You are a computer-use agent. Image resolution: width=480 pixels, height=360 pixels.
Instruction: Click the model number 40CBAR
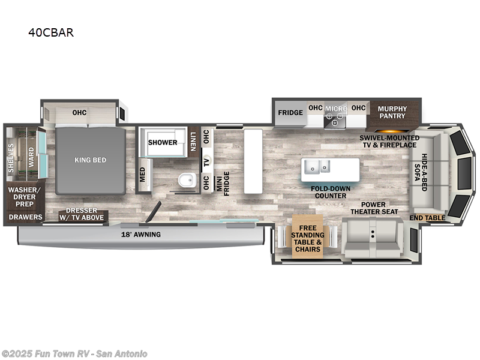[50, 33]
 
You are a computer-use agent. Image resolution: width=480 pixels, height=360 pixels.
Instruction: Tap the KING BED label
[91, 160]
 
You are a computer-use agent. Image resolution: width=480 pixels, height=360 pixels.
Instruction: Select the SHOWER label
[163, 142]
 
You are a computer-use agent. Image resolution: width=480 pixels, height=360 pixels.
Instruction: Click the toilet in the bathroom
[187, 179]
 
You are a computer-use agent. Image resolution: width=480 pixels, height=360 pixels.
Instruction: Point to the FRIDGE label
[289, 112]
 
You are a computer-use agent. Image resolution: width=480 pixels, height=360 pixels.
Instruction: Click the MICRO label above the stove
[336, 109]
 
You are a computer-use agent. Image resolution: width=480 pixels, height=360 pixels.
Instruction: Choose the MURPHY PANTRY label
[392, 113]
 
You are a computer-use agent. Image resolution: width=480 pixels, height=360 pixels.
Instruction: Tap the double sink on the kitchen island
[316, 166]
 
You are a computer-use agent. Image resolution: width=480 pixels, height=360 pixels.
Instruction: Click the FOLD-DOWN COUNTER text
[329, 192]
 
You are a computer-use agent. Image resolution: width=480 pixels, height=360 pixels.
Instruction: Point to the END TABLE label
[428, 218]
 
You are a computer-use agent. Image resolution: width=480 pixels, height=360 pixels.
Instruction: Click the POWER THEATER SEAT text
[374, 208]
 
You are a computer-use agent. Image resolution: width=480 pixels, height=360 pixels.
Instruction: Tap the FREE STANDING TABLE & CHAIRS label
[307, 239]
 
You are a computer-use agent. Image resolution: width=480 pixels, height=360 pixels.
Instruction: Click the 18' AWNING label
[142, 234]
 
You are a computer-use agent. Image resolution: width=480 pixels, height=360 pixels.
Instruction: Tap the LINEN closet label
[193, 141]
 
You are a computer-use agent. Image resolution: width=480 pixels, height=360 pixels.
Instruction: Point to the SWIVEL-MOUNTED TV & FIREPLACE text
[388, 141]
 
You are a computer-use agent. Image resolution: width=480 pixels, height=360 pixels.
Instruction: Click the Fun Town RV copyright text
[74, 353]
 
